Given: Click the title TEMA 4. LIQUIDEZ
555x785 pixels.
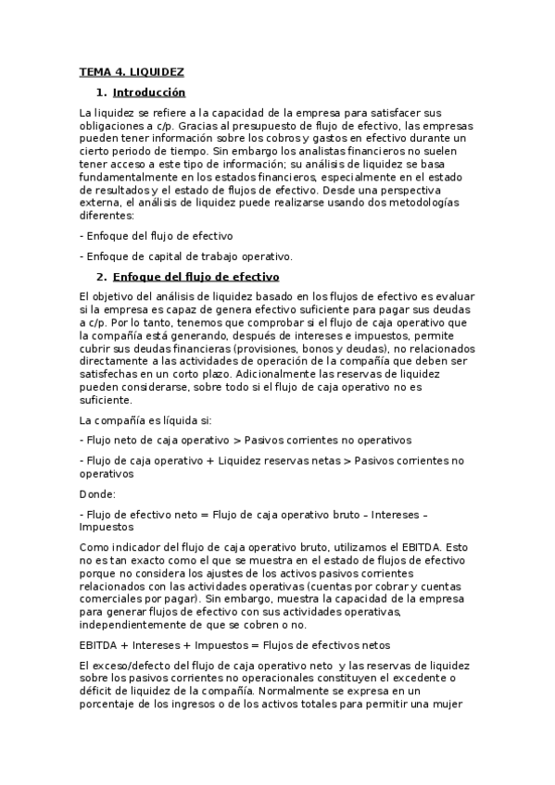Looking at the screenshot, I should point(132,71).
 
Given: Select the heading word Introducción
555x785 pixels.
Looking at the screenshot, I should point(148,93).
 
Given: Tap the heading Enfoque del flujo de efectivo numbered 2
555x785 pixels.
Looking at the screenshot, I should point(196,277).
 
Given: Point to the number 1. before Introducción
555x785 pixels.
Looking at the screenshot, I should point(101,93).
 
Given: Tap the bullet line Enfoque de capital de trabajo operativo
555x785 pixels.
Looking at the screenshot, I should point(186,255).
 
